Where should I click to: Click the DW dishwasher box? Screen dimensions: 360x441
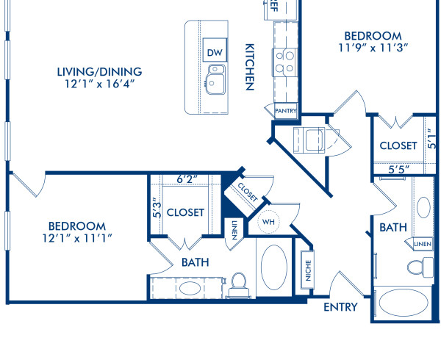[215, 52]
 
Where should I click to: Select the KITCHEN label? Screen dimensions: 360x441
[250, 65]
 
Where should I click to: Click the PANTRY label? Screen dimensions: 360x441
[285, 110]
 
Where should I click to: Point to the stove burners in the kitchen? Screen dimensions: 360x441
[284, 62]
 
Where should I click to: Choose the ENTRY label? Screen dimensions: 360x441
[340, 306]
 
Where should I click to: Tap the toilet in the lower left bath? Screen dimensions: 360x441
[239, 283]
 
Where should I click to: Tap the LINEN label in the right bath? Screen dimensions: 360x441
[422, 243]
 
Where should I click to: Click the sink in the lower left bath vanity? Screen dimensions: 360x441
[189, 287]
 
